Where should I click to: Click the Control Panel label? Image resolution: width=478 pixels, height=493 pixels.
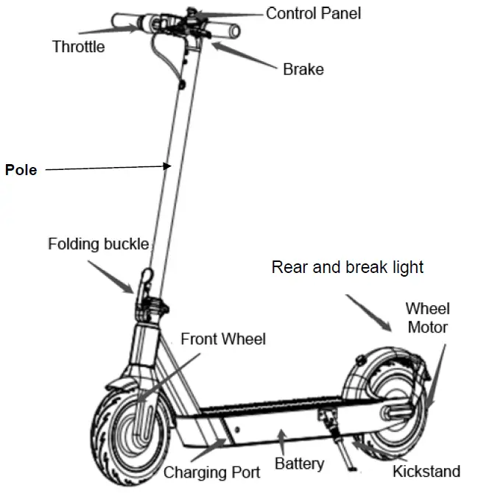pyautogui.click(x=313, y=13)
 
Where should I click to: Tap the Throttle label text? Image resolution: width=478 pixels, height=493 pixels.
pyautogui.click(x=78, y=47)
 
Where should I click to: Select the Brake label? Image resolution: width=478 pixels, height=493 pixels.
pyautogui.click(x=303, y=70)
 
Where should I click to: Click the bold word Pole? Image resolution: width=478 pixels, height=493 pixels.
pyautogui.click(x=21, y=170)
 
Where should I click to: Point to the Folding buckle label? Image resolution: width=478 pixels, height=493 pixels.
pyautogui.click(x=98, y=244)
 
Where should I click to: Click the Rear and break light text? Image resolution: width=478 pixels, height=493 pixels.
pyautogui.click(x=347, y=266)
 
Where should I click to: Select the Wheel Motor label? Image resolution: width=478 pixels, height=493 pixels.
pyautogui.click(x=427, y=317)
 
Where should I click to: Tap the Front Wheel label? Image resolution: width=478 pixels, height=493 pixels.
pyautogui.click(x=223, y=338)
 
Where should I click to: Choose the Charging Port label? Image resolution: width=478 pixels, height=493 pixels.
pyautogui.click(x=211, y=471)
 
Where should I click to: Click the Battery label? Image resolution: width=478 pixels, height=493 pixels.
pyautogui.click(x=299, y=464)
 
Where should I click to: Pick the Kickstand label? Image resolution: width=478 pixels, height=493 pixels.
pyautogui.click(x=426, y=471)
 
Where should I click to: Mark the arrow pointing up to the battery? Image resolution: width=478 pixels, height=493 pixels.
pyautogui.click(x=282, y=441)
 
